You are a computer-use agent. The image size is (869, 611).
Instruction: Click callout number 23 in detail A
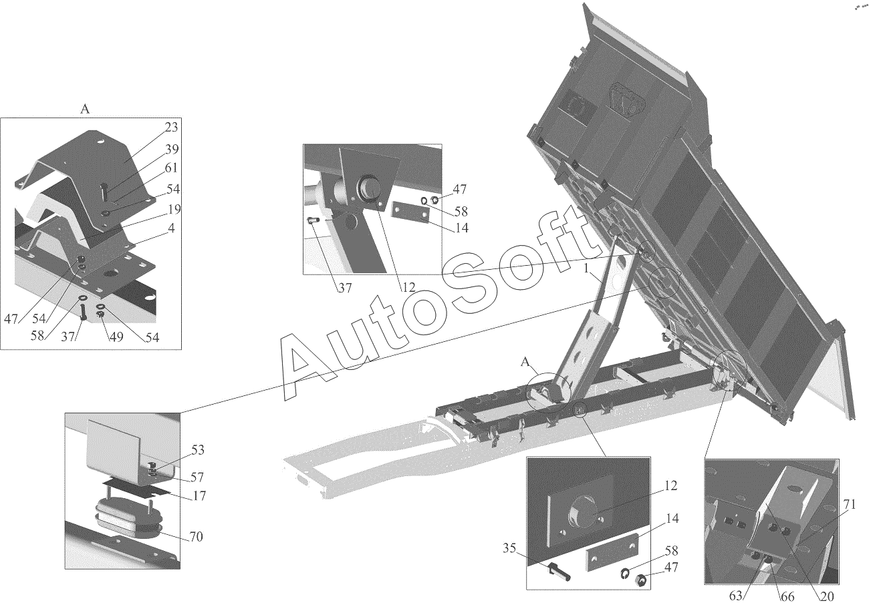170,128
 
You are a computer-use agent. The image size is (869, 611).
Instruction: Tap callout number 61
170,168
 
